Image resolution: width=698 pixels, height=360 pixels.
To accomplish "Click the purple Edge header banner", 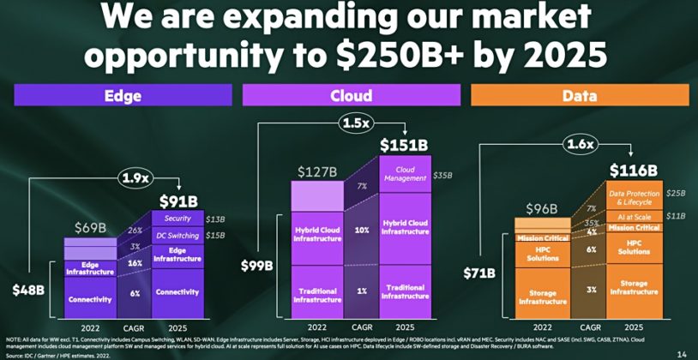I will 123,95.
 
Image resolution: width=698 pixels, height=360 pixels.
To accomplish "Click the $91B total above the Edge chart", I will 179,201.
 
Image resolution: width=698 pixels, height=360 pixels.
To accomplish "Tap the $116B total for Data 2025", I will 632,170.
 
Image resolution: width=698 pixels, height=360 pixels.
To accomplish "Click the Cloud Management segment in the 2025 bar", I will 404,174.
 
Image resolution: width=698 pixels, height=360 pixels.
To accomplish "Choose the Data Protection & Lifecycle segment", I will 633,197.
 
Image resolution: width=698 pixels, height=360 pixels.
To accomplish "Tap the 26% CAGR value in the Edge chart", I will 135,229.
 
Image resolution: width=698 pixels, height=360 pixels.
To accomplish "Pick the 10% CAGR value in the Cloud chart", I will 362,231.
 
